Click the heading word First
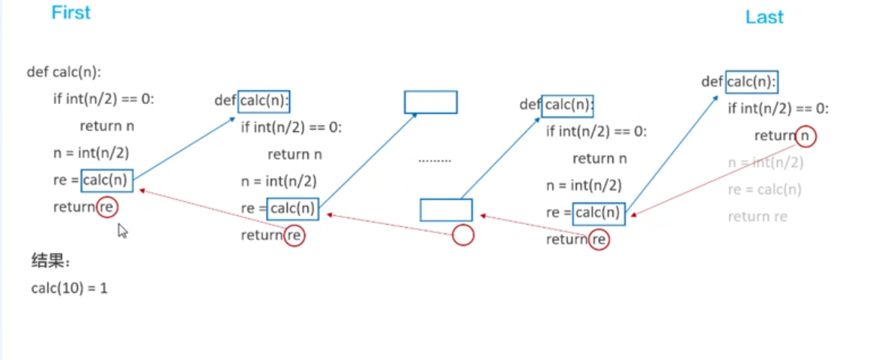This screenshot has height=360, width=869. (x=71, y=13)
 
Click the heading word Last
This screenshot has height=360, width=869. (x=764, y=17)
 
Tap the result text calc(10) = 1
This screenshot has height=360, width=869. (x=69, y=288)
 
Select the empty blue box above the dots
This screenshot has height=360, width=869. (x=430, y=102)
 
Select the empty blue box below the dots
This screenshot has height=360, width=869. (x=445, y=210)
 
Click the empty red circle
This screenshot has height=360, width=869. (x=463, y=235)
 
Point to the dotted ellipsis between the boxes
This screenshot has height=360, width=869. (x=435, y=160)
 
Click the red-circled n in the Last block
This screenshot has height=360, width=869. (x=806, y=136)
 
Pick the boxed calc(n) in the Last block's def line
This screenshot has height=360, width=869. (x=752, y=82)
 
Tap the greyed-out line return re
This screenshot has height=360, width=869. (x=757, y=217)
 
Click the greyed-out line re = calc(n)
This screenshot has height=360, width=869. (x=765, y=189)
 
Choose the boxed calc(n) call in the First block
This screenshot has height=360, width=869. (x=107, y=180)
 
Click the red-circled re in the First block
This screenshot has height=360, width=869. (x=107, y=207)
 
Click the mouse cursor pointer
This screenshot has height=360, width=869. (x=122, y=229)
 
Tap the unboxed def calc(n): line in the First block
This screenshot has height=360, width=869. (x=64, y=72)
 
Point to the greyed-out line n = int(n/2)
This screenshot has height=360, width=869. (x=765, y=162)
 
